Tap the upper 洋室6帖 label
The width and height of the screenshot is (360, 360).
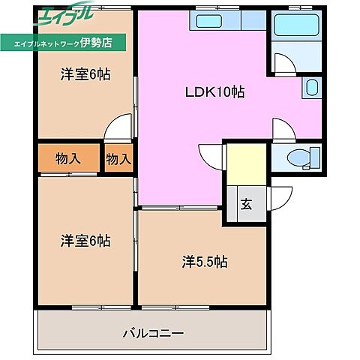coord(85,74)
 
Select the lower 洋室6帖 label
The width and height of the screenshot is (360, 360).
coord(85,241)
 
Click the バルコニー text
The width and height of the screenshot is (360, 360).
coord(153,332)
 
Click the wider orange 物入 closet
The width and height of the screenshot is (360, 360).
coord(68,158)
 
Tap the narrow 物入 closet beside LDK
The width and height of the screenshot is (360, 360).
coord(118,158)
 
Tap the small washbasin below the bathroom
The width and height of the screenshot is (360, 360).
coord(311,89)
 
